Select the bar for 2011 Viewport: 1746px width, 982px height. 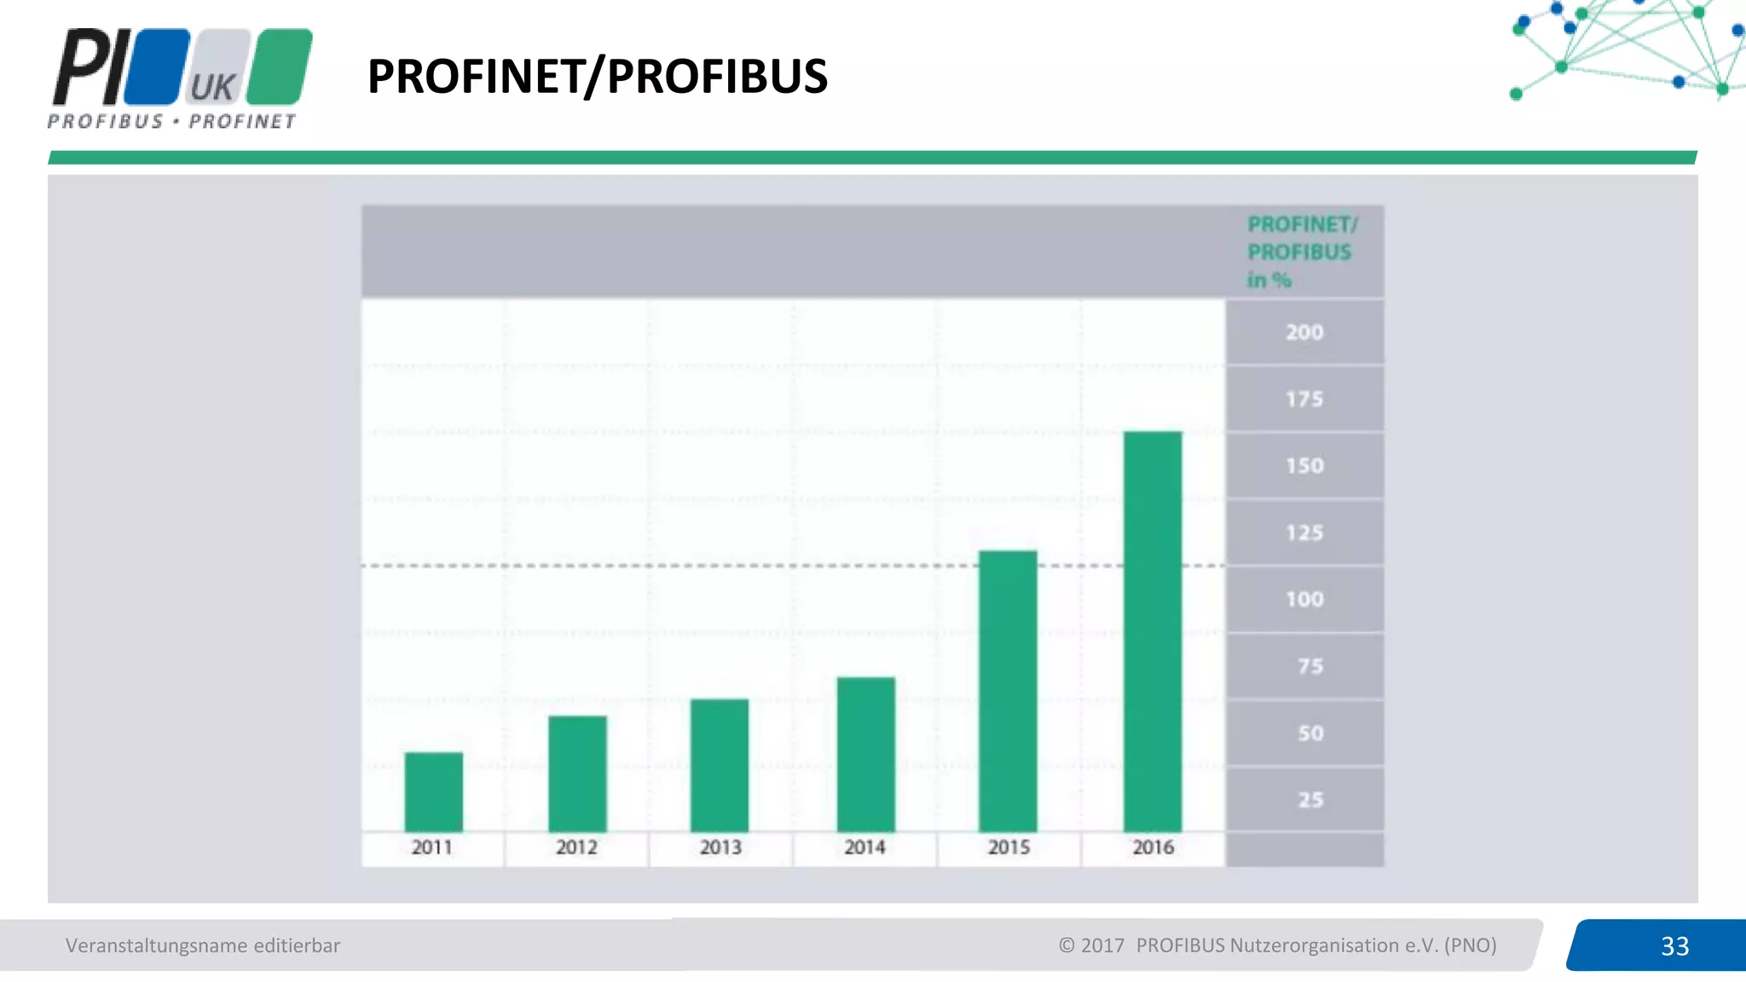coord(434,792)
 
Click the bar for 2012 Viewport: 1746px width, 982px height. coord(577,774)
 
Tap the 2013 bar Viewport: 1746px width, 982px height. coord(720,765)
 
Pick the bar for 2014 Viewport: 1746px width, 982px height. coord(865,754)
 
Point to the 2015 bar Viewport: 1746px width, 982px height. coord(1008,691)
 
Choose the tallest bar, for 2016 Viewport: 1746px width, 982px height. coord(1153,632)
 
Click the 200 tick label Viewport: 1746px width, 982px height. coord(1304,332)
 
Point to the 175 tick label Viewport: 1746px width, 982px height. coord(1304,399)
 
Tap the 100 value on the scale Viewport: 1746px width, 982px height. coord(1304,599)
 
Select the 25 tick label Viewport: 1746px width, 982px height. coord(1310,800)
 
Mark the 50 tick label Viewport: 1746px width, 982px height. coord(1310,733)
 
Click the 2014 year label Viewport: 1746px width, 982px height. coord(864,847)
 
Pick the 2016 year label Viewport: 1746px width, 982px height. coord(1153,847)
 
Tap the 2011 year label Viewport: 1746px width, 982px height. coord(432,847)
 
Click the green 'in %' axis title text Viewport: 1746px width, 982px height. coord(1269,280)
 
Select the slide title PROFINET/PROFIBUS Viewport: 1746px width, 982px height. coord(597,76)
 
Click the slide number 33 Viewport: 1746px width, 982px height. coord(1674,946)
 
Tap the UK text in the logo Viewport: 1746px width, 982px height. coord(212,87)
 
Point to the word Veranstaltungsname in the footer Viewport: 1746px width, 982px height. coord(156,945)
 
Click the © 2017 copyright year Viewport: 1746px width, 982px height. coord(1091,945)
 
